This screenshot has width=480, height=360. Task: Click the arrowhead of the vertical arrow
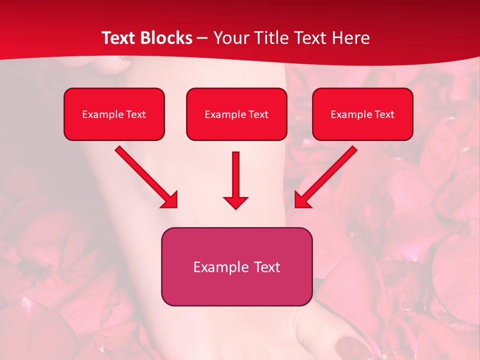(235, 202)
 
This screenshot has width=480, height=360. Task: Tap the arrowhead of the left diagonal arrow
(170, 200)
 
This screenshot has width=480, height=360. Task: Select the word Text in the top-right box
(384, 114)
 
